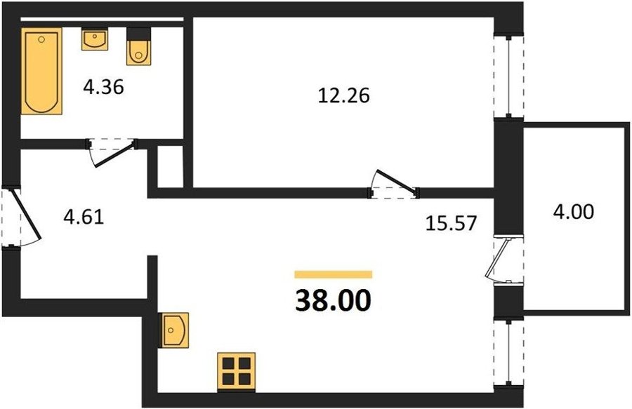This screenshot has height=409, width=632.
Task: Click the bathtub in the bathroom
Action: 41,71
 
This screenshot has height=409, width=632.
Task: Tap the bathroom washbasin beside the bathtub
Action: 95,39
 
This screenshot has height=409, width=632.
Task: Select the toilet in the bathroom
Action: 138,46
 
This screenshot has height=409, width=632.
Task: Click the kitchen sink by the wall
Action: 176,330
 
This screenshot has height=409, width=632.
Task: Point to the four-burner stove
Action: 237,371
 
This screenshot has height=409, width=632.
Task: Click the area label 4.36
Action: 103,87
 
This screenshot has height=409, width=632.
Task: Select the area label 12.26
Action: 343,96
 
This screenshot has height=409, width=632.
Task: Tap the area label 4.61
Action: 84,217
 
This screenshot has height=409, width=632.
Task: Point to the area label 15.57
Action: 451,222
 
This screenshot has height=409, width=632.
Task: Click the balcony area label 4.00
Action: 573,212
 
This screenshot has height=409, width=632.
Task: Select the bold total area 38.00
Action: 333,301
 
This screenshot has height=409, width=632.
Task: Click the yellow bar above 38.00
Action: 334,274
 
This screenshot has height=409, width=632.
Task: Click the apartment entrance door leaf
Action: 26,213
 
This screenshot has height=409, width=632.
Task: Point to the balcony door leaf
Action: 497,258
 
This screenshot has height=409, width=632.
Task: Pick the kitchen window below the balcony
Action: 508,352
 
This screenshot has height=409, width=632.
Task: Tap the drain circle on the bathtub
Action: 41,39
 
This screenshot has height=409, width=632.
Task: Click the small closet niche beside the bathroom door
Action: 170,166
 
